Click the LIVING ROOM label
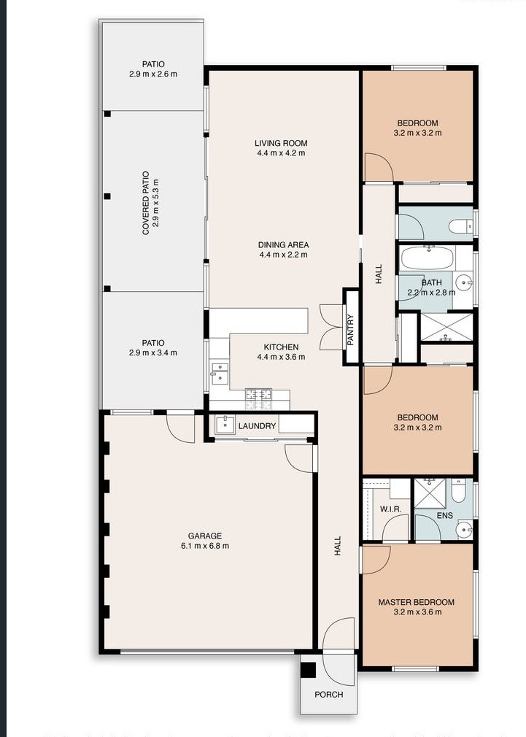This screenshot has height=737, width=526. (281, 143)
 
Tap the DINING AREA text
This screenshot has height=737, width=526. (284, 245)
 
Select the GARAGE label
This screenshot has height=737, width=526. (205, 536)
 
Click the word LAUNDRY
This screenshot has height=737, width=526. (257, 426)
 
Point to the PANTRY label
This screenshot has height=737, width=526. (350, 330)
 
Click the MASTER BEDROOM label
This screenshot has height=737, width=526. (417, 602)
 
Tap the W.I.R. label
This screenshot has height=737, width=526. (390, 509)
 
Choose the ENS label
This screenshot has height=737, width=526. (445, 516)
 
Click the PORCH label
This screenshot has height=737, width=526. (328, 694)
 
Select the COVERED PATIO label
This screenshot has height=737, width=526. (146, 203)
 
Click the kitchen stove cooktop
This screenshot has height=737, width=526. (258, 399)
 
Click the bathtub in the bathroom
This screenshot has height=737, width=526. (427, 258)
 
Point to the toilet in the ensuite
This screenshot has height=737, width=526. (458, 490)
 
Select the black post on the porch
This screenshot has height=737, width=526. (309, 670)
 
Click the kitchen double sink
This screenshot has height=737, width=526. (220, 372)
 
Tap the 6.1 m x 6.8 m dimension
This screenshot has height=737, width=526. (205, 546)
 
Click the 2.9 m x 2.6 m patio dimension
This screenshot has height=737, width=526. (153, 74)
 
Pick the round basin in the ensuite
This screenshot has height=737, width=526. (464, 530)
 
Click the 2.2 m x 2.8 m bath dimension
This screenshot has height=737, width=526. (431, 293)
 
